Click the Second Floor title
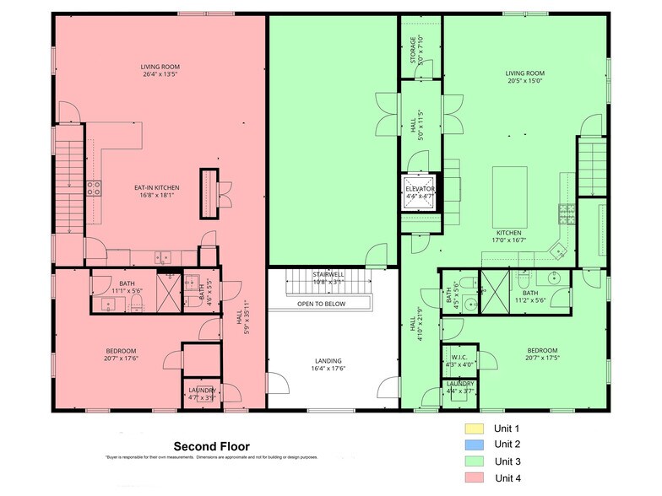pyautogui.click(x=211, y=446)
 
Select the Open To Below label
pyautogui.click(x=321, y=304)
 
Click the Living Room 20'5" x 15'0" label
pyautogui.click(x=524, y=78)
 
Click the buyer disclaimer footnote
pyautogui.click(x=211, y=458)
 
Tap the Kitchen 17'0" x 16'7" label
pyautogui.click(x=508, y=236)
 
